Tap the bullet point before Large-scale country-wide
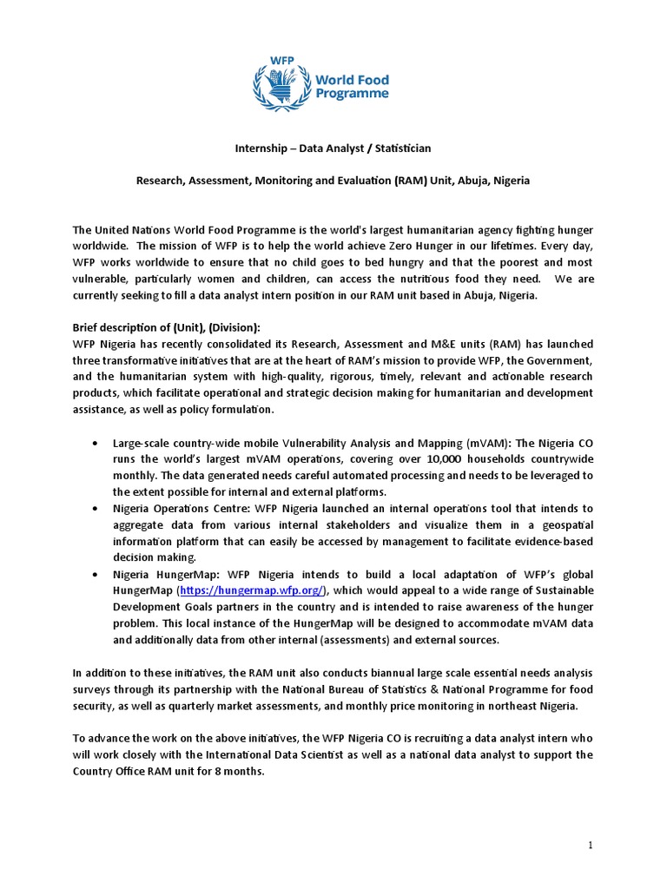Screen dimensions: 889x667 [94, 443]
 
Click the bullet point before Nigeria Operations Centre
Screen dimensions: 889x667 [94, 508]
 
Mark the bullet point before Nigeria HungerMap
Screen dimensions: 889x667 [94, 574]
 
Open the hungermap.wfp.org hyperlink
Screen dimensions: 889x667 [252, 590]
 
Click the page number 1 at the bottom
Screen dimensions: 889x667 [590, 846]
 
